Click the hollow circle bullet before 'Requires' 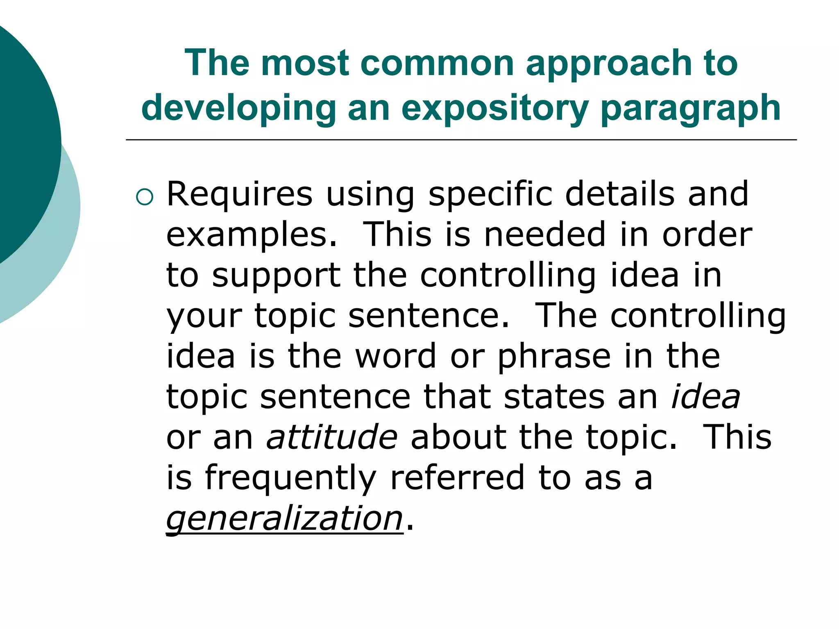click(144, 198)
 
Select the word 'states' click(554, 397)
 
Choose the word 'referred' click(458, 477)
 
